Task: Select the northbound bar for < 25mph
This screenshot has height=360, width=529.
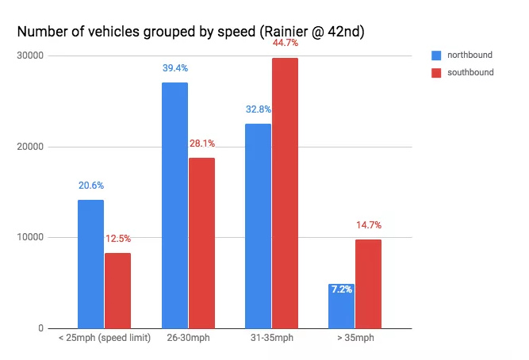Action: [x=90, y=263]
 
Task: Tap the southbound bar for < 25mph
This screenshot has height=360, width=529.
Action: [x=117, y=290]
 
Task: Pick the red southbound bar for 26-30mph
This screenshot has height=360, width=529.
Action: [x=201, y=243]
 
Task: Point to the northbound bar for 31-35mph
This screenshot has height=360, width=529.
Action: [x=258, y=225]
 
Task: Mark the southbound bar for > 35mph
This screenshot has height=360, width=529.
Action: [x=368, y=283]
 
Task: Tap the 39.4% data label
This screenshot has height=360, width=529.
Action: [x=174, y=69]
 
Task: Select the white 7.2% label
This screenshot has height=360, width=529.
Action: [x=341, y=289]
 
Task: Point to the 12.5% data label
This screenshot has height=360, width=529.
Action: [x=117, y=239]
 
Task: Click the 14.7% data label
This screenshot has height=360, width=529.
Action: [x=368, y=225]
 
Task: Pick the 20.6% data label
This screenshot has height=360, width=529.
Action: [x=90, y=186]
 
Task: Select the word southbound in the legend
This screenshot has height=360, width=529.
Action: [x=471, y=72]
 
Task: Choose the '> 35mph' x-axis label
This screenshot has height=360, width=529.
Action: [x=355, y=339]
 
